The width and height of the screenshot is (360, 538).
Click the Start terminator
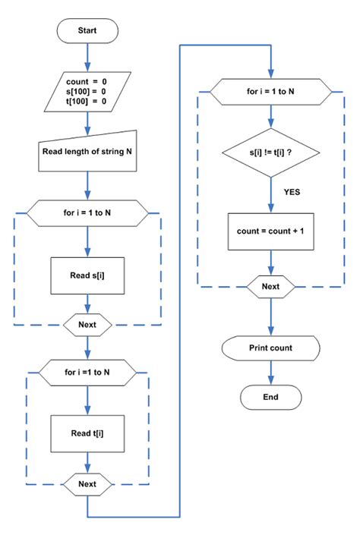coord(87,30)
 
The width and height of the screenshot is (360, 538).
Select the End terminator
coord(270,397)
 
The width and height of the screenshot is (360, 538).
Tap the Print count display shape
coord(270,348)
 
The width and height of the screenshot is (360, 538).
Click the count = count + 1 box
coord(270,231)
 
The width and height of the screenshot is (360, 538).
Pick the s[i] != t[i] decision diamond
coord(270,153)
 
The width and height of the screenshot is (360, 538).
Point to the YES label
coord(292,192)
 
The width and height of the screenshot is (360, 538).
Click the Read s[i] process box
coord(87,275)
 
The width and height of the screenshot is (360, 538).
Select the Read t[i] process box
coord(87,433)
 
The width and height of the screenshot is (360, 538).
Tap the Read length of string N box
coord(87,151)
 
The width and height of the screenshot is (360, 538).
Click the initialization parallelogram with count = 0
coord(87,92)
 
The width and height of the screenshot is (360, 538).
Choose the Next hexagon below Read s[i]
coord(87,325)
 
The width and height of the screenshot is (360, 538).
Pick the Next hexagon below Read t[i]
coord(87,484)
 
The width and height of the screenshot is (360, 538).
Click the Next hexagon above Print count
coord(270,287)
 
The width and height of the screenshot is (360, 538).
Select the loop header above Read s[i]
coord(87,213)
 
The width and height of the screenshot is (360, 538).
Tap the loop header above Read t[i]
coord(87,373)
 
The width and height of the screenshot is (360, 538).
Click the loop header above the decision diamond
coord(270,92)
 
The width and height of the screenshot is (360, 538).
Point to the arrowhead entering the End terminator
coord(270,380)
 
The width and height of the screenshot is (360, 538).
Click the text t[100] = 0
coord(87,101)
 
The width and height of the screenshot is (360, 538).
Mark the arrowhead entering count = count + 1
coord(270,208)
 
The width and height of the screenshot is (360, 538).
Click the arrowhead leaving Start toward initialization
coord(87,67)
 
